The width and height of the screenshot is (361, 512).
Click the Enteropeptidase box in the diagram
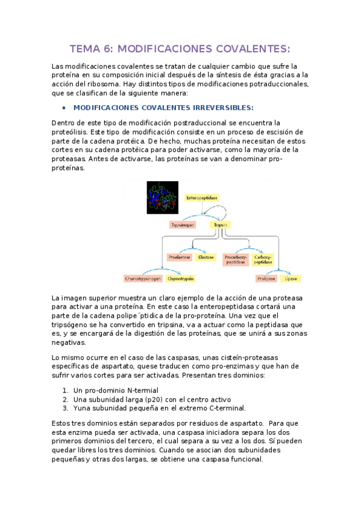[x=202, y=197]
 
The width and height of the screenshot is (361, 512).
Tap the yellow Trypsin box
[x=221, y=224]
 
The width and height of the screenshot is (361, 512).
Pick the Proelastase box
[x=180, y=257]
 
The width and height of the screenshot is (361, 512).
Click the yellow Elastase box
[x=206, y=257]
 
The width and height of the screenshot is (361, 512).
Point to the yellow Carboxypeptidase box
[x=263, y=259]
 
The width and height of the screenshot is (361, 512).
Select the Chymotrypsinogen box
[x=143, y=279]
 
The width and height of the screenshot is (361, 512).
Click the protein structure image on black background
[x=166, y=197]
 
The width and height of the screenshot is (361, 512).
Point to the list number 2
[x=65, y=399]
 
